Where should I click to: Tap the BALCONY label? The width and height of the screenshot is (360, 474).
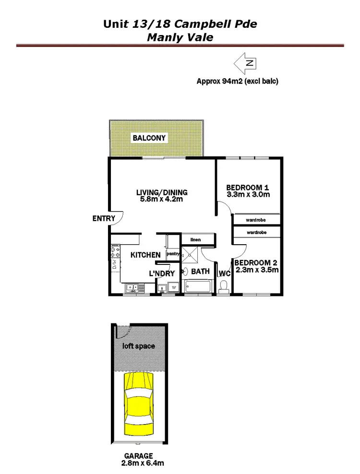tap(149, 138)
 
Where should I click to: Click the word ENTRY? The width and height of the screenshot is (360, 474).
tap(104, 219)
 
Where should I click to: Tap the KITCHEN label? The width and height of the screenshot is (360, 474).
tap(145, 255)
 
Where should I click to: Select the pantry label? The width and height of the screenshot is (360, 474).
tap(172, 253)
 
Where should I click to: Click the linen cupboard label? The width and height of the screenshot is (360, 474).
tap(195, 239)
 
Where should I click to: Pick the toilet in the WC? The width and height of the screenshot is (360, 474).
tap(223, 286)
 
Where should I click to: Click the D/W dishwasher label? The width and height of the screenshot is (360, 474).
tap(115, 263)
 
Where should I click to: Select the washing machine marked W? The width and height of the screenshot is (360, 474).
tap(174, 288)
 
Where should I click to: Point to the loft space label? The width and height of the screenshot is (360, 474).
tap(141, 346)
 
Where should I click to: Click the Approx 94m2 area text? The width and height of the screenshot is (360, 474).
tap(237, 82)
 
